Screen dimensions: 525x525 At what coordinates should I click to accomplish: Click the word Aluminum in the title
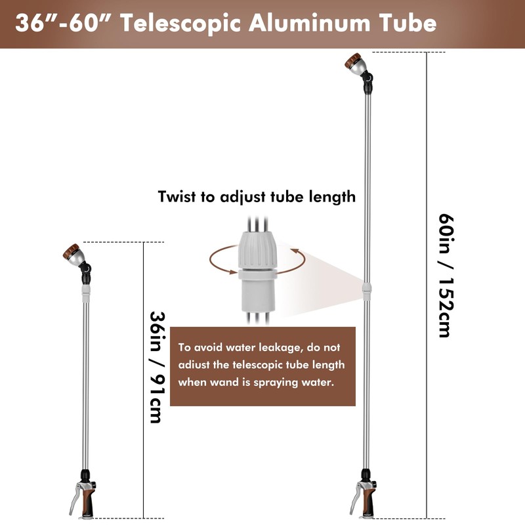pyautogui.click(x=309, y=23)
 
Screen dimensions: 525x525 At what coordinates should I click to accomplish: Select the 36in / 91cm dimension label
pyautogui.click(x=157, y=367)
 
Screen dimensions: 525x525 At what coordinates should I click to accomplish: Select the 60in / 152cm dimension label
pyautogui.click(x=446, y=276)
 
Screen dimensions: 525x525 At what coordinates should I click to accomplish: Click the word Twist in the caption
pyautogui.click(x=177, y=196)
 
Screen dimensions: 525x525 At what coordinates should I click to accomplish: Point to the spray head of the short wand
pyautogui.click(x=73, y=255)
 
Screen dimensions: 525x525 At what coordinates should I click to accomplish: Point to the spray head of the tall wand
pyautogui.click(x=355, y=64)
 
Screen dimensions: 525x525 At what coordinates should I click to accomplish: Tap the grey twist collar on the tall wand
pyautogui.click(x=367, y=291)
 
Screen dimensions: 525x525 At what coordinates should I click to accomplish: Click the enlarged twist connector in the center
pyautogui.click(x=257, y=272)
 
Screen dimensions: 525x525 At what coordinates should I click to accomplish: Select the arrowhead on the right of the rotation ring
pyautogui.click(x=295, y=251)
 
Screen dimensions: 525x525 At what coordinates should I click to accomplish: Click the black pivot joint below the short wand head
pyautogui.click(x=86, y=272)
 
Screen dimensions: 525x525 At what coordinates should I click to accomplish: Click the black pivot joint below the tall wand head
pyautogui.click(x=367, y=82)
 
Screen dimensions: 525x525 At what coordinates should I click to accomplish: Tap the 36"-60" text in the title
pyautogui.click(x=64, y=23)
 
